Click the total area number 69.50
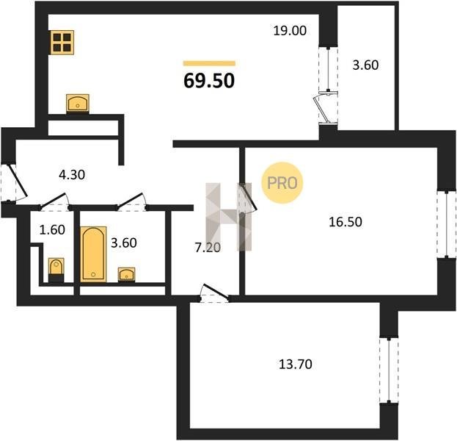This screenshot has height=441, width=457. [x=209, y=80]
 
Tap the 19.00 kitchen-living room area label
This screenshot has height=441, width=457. [x=290, y=31]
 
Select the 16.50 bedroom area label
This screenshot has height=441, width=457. [x=346, y=222]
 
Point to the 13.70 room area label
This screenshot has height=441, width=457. [x=296, y=364]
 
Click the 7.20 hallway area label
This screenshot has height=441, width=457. [x=208, y=248]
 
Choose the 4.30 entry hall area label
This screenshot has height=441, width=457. [x=72, y=175]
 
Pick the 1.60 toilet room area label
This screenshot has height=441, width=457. [x=52, y=230]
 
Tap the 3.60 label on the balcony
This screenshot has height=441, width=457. [x=365, y=65]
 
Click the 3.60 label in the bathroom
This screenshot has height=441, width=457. [x=124, y=243]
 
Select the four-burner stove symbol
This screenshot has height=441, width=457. [x=62, y=43]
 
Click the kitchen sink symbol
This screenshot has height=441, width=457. [x=78, y=103]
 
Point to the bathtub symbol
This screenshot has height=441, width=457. [x=93, y=254]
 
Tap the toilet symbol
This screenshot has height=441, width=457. [x=56, y=270]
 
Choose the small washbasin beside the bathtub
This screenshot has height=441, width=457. [x=126, y=275]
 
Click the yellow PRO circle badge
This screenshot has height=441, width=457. [x=282, y=183]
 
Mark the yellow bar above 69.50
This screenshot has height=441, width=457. [x=209, y=63]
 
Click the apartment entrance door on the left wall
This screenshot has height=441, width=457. [x=15, y=182]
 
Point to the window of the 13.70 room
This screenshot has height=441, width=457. [x=389, y=370]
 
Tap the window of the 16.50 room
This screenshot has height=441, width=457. [x=447, y=224]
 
